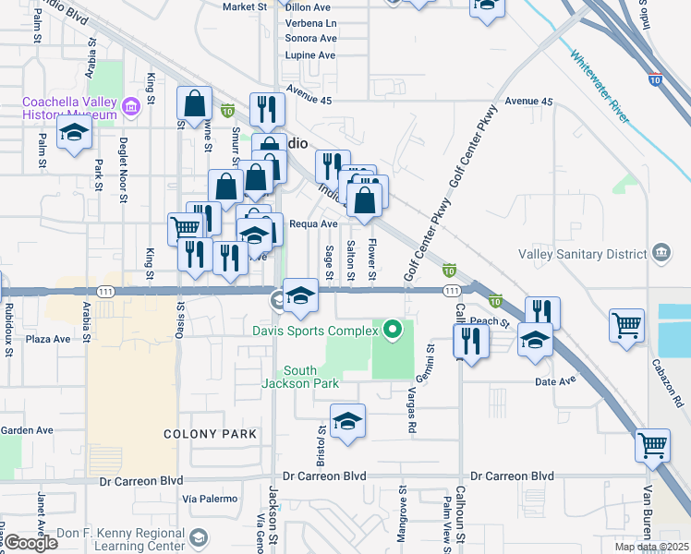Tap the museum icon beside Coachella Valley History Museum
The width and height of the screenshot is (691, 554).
130,108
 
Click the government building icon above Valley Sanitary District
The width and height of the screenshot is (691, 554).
661,252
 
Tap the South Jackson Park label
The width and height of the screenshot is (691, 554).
300,377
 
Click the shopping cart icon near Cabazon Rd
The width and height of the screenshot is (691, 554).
626,325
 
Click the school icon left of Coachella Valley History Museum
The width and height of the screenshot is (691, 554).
74,133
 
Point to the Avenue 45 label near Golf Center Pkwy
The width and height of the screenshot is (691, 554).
528,101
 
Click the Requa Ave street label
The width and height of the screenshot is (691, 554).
313,223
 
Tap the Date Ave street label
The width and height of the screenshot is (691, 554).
554,380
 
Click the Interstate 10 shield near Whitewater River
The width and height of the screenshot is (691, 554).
655,80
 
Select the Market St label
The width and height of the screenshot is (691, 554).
245,6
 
